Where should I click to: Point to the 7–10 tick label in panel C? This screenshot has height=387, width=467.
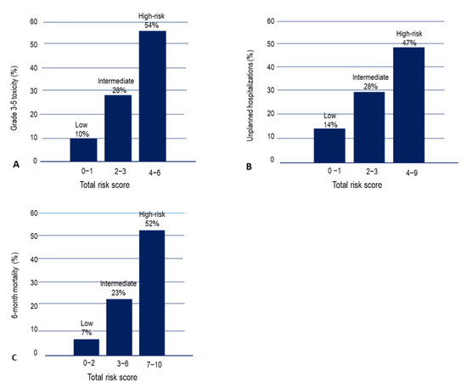(x=154, y=365)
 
